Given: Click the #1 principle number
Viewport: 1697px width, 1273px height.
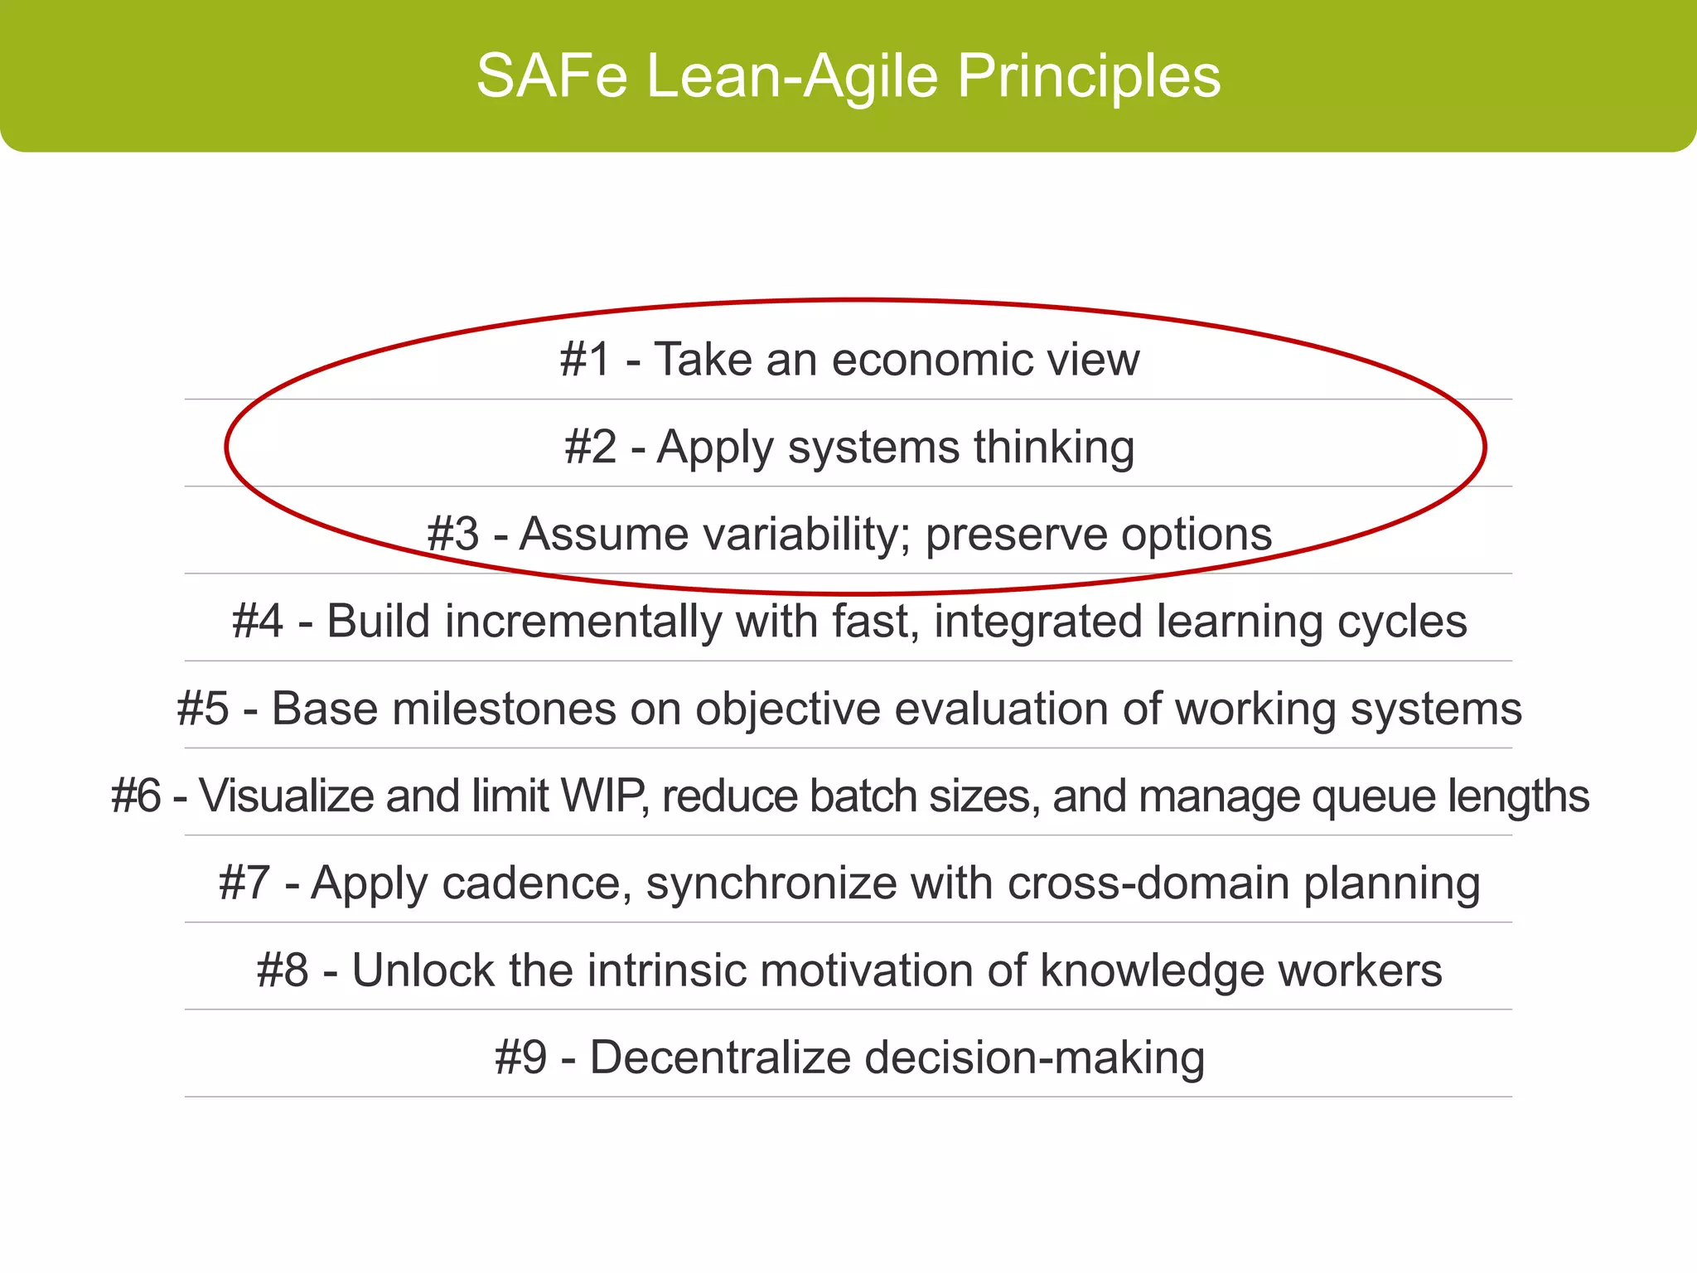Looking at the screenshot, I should [x=585, y=360].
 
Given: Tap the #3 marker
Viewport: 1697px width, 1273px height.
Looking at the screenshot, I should [x=452, y=534].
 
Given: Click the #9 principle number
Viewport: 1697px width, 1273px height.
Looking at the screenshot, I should [x=520, y=1058].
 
